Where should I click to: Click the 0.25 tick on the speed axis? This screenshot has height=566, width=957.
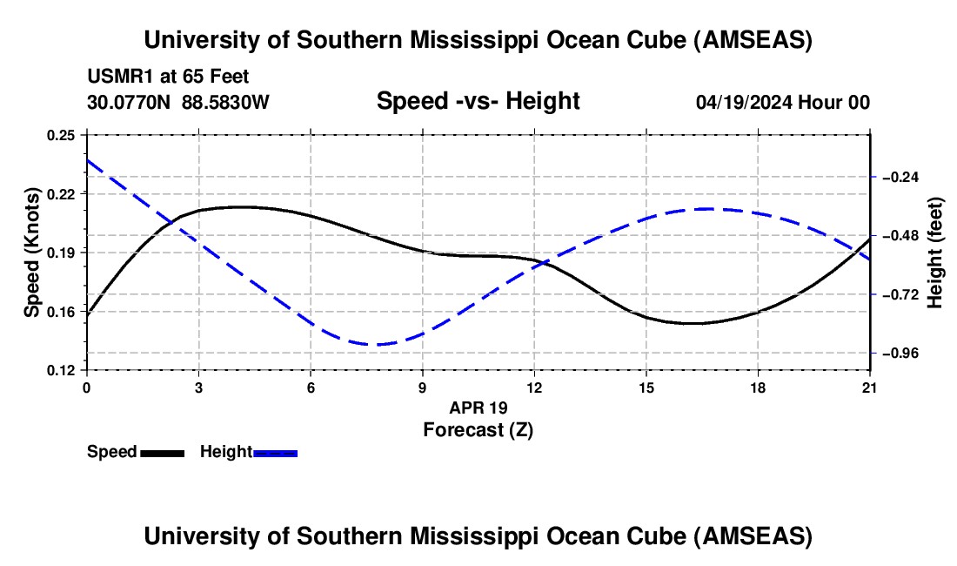[61, 135]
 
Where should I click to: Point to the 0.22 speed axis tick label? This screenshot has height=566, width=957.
[61, 193]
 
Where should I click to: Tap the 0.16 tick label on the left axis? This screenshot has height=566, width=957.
[61, 312]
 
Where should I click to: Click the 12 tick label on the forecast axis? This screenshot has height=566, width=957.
[534, 387]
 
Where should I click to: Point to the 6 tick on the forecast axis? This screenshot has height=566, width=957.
[311, 387]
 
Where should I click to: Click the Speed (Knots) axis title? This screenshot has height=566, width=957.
[31, 253]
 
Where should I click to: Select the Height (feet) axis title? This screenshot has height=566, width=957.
[934, 253]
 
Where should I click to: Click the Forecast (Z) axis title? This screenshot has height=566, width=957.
[478, 429]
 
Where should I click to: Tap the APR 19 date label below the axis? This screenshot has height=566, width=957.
[478, 408]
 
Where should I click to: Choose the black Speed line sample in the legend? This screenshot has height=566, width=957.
[163, 453]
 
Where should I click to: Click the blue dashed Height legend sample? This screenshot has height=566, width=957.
[275, 453]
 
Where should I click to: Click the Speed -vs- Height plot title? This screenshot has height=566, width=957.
[478, 101]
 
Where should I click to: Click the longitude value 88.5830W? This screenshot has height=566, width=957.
[226, 103]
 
